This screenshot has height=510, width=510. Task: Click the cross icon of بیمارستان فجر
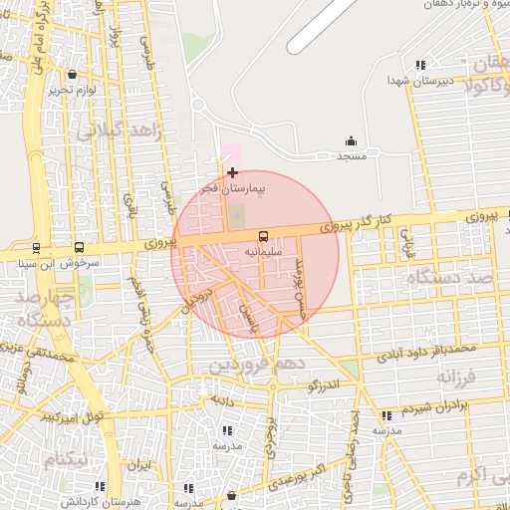tap(233, 172)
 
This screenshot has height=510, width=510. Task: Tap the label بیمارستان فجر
tap(233, 188)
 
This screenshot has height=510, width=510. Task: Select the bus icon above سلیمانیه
tap(263, 237)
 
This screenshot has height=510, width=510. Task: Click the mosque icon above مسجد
tap(351, 141)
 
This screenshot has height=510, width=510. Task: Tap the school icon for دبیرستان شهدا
tap(420, 64)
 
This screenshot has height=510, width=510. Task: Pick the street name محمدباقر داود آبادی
tap(422, 352)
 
